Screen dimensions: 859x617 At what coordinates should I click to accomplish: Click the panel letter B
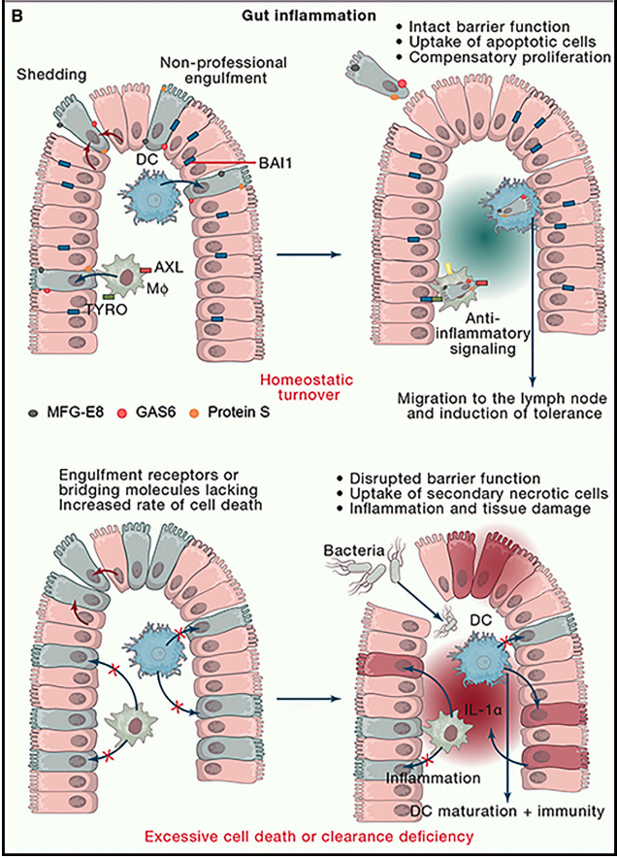[x=14, y=15]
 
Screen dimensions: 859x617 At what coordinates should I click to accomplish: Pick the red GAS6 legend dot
[x=118, y=413]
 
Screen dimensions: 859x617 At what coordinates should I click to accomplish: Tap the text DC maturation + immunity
[x=500, y=809]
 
